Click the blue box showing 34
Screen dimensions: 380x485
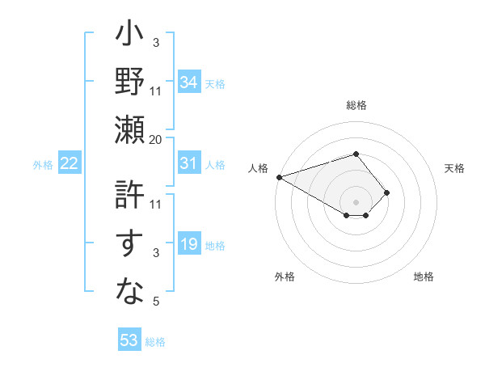pyautogui.click(x=189, y=82)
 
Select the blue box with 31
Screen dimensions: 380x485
pyautogui.click(x=189, y=163)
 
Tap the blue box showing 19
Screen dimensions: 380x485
pyautogui.click(x=189, y=244)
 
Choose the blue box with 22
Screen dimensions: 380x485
pyautogui.click(x=70, y=163)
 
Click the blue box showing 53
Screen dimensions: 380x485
pyautogui.click(x=129, y=340)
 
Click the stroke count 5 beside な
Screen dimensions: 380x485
pyautogui.click(x=157, y=302)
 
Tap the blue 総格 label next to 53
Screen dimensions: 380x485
pyautogui.click(x=155, y=342)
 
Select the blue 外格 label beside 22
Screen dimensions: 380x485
pyautogui.click(x=43, y=165)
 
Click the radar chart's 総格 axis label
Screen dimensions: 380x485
pyautogui.click(x=356, y=105)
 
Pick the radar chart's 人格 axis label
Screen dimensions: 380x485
pyautogui.click(x=259, y=168)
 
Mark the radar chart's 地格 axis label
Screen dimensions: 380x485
pyautogui.click(x=424, y=277)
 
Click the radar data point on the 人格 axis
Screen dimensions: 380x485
pyautogui.click(x=278, y=177)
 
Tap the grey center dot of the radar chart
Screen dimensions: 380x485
pyautogui.click(x=356, y=201)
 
